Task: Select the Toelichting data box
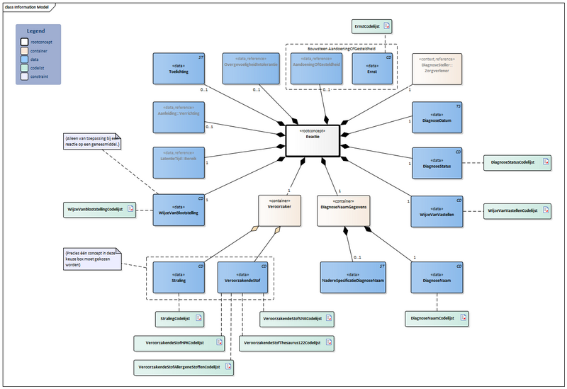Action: point(174,69)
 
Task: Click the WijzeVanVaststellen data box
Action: point(436,211)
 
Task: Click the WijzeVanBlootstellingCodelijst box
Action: point(99,210)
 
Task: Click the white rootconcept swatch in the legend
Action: point(26,42)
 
